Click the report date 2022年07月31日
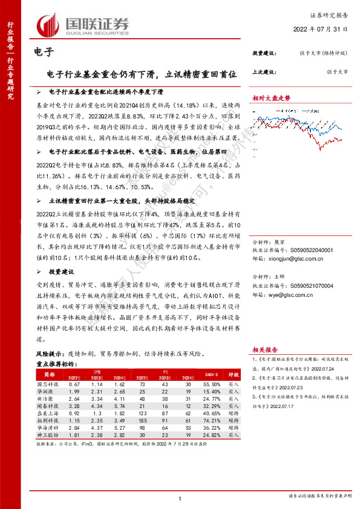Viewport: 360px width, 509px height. (x=324, y=29)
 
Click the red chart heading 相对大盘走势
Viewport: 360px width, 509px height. (x=271, y=98)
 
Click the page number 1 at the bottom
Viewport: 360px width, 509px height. (x=180, y=498)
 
